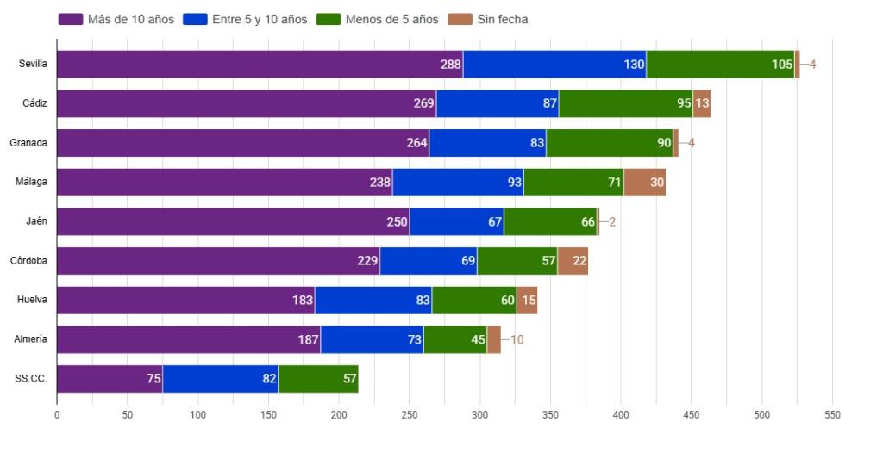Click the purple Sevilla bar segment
click(259, 65)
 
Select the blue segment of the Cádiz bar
click(498, 103)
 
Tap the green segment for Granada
click(609, 143)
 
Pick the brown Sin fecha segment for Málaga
click(644, 183)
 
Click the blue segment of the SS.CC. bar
click(220, 379)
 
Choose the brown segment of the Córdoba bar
click(573, 261)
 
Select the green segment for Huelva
click(473, 301)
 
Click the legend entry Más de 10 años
click(118, 19)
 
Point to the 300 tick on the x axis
click(480, 414)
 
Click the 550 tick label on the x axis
click(832, 414)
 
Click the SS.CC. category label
click(31, 379)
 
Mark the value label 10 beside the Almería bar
click(517, 339)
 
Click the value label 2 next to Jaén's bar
click(612, 221)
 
